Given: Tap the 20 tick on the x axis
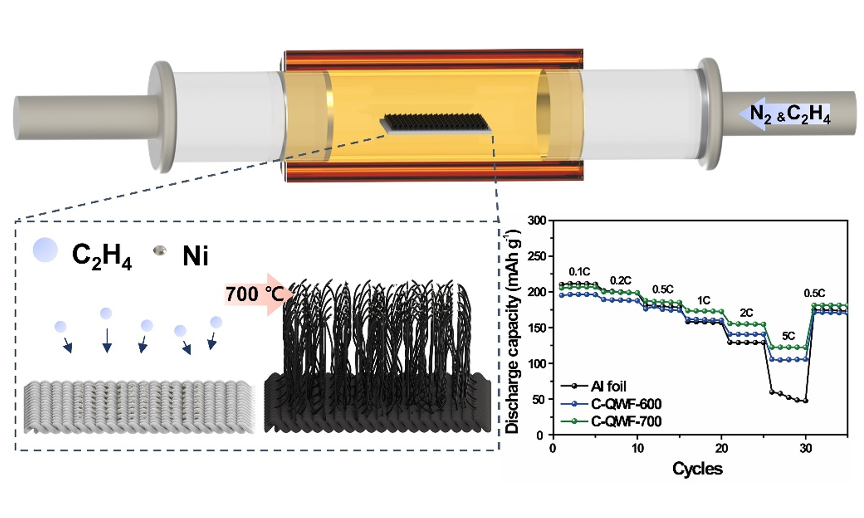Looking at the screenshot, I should click(722, 448).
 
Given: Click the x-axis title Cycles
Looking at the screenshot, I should click(697, 469).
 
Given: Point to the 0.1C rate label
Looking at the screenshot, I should click(579, 271).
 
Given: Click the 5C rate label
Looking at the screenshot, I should click(788, 336).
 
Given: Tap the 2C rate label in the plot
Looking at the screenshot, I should click(746, 313).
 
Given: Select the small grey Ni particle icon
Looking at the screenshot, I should click(160, 250).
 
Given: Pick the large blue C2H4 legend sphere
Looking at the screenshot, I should click(45, 250).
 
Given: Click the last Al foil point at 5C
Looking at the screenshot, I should click(806, 401).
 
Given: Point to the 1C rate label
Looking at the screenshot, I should click(704, 300).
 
